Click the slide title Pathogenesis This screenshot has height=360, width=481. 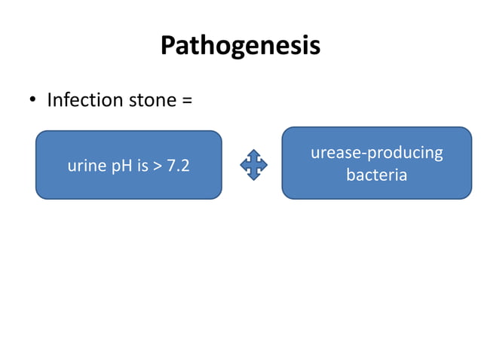[240, 45]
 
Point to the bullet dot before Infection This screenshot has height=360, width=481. [33, 100]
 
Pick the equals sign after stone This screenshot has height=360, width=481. [186, 100]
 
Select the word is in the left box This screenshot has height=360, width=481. [143, 166]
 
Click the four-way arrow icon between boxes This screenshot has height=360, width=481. [253, 164]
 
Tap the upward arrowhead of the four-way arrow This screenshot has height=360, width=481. [253, 153]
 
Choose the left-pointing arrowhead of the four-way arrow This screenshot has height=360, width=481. [243, 164]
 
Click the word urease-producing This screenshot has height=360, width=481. [376, 153]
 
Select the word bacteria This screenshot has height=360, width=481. [376, 175]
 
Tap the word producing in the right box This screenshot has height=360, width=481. [404, 154]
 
